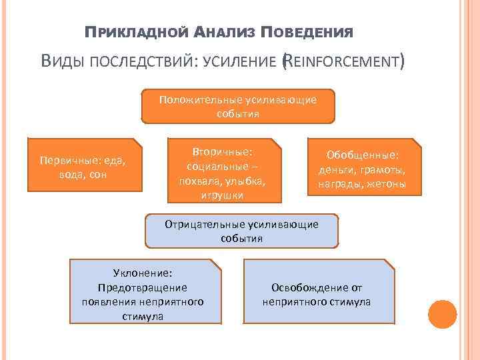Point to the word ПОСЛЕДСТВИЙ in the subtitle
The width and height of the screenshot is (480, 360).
[143, 64]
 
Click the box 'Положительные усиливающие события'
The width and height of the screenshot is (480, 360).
[238, 107]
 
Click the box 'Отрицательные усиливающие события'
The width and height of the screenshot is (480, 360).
[241, 231]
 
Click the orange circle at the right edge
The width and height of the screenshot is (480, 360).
[442, 315]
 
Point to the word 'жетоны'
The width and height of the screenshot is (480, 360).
[386, 183]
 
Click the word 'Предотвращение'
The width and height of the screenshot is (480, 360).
[143, 287]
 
